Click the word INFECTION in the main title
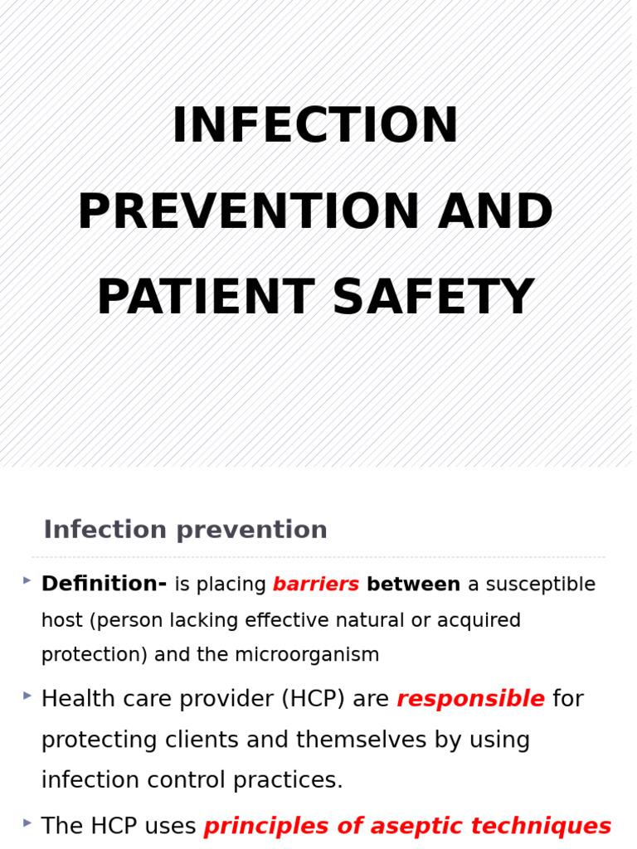tap(315, 127)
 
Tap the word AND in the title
tap(495, 213)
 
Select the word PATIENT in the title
tap(205, 298)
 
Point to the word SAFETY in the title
tap(433, 298)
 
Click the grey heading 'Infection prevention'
tap(185, 530)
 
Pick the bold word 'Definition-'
tap(104, 585)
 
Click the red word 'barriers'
tap(316, 585)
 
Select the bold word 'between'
tap(413, 585)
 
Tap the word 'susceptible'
tap(540, 585)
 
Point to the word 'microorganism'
tap(306, 655)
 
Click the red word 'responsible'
tap(470, 700)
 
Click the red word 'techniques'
tap(543, 827)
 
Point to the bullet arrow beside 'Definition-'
tap(27, 580)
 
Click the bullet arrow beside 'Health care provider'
tap(27, 696)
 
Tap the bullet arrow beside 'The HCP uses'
tap(27, 822)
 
